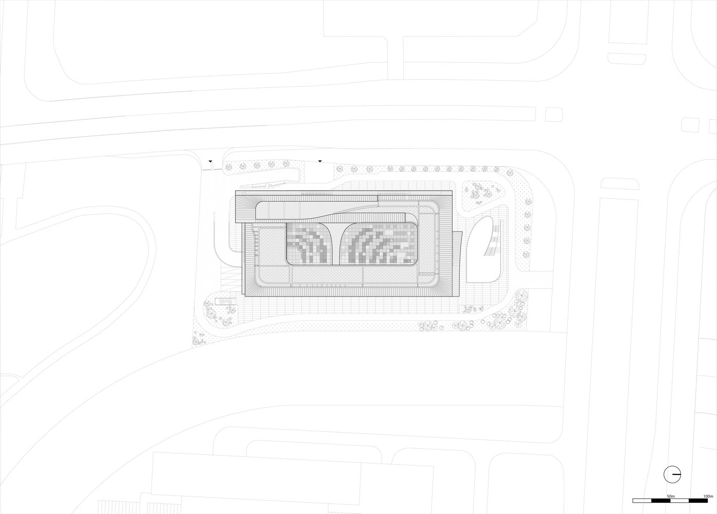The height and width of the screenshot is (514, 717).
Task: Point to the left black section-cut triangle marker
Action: [x=210, y=161]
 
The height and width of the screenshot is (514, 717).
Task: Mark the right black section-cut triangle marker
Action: [x=320, y=161]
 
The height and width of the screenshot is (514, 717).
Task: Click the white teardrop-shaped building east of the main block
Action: [x=482, y=249]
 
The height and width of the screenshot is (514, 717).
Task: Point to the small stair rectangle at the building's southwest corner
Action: [x=225, y=301]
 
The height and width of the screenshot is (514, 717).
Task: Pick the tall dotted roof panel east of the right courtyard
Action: [x=426, y=244]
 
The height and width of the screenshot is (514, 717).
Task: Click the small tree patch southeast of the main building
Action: [x=472, y=309]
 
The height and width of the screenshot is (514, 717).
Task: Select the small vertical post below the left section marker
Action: [x=211, y=167]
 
